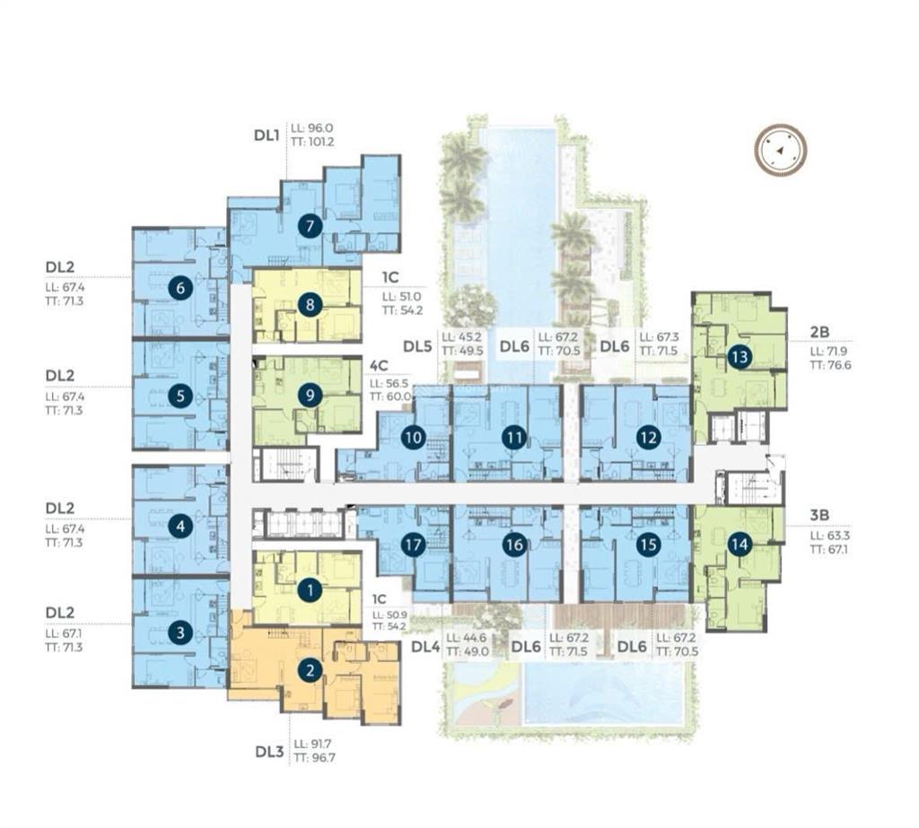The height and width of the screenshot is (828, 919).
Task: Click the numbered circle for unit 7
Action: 310,227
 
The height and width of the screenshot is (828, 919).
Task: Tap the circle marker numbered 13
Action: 739,357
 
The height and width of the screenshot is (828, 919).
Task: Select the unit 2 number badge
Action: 310,669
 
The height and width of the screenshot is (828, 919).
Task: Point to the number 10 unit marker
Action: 412,438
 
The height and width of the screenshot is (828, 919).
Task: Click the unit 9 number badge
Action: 310,395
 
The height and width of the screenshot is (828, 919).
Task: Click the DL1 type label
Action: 267,135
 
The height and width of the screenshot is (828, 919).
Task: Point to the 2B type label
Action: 819,332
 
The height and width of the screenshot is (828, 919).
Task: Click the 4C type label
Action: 379,366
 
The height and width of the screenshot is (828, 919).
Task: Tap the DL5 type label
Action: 418,344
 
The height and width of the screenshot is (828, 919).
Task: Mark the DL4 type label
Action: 427,645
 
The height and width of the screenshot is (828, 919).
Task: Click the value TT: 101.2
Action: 313,141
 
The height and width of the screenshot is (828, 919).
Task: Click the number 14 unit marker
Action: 739,544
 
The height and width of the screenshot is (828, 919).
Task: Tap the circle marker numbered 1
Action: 310,589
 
